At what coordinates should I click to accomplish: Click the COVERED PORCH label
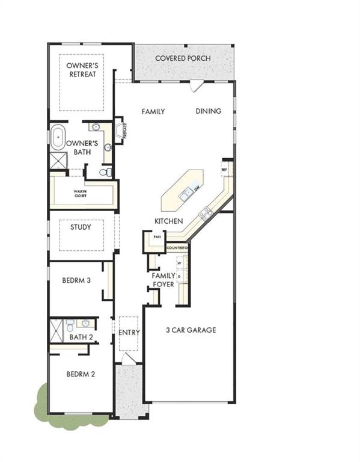(x=183, y=58)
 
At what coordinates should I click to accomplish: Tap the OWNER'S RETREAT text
(x=82, y=70)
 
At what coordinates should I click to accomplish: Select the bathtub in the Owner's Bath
(x=58, y=138)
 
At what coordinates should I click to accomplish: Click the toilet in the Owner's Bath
(x=105, y=173)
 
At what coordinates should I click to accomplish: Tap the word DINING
(x=209, y=111)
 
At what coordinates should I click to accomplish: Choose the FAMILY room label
(x=153, y=111)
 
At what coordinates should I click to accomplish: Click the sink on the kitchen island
(x=188, y=192)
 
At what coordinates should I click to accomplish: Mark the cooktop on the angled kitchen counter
(x=206, y=211)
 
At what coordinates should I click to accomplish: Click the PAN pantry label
(x=157, y=237)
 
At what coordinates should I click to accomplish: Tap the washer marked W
(x=180, y=263)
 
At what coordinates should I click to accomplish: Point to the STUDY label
(x=81, y=227)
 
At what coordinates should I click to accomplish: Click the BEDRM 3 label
(x=76, y=280)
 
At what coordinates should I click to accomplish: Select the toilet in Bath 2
(x=70, y=327)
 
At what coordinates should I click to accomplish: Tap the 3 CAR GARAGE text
(x=191, y=330)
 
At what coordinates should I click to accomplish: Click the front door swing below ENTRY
(x=128, y=358)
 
